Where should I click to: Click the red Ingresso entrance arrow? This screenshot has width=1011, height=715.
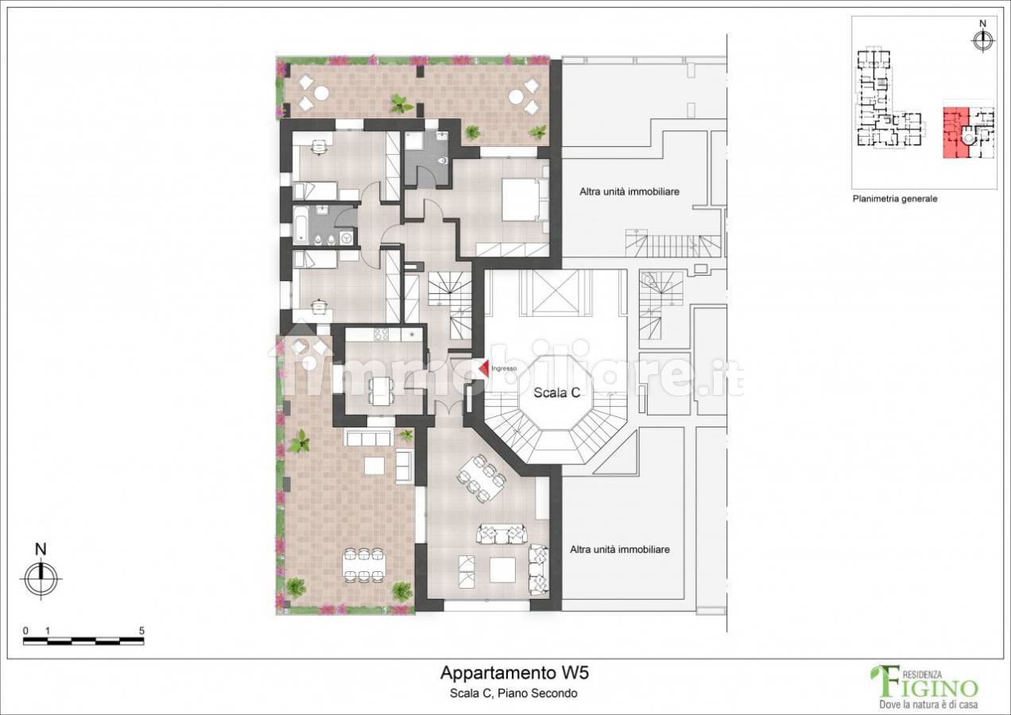pyautogui.click(x=484, y=368)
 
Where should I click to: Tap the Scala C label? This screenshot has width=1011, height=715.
pyautogui.click(x=556, y=392)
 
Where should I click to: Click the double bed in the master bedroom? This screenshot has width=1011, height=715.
pyautogui.click(x=525, y=199)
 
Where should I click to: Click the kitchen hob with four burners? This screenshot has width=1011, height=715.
pyautogui.click(x=382, y=334)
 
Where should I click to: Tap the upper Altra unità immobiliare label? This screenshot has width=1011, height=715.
pyautogui.click(x=629, y=191)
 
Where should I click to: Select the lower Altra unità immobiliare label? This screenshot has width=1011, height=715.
pyautogui.click(x=620, y=550)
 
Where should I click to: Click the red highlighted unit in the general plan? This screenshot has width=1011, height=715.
pyautogui.click(x=955, y=133)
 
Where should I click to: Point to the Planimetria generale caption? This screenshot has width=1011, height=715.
pyautogui.click(x=894, y=199)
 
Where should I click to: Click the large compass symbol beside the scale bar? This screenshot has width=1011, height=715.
pyautogui.click(x=41, y=579)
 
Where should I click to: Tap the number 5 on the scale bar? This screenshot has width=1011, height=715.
pyautogui.click(x=141, y=631)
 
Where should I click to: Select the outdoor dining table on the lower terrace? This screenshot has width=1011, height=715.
pyautogui.click(x=364, y=565)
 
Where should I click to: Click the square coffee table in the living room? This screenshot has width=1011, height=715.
pyautogui.click(x=503, y=570)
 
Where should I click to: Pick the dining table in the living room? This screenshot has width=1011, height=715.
pyautogui.click(x=482, y=477)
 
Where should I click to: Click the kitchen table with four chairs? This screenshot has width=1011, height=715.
pyautogui.click(x=382, y=390)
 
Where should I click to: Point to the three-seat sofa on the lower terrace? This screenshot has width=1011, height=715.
pyautogui.click(x=367, y=437)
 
